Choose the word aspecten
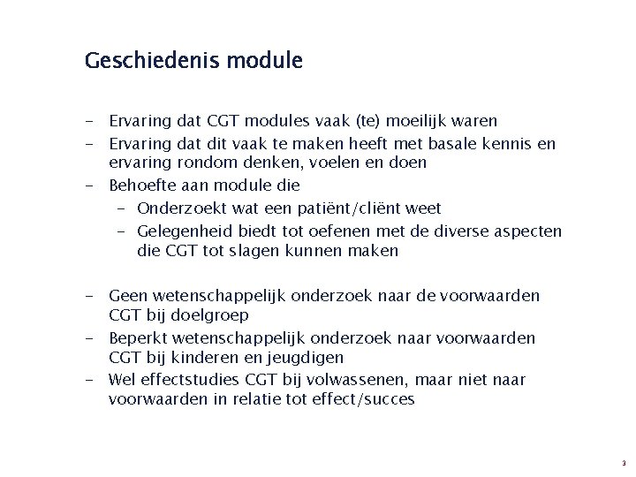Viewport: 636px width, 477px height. pyautogui.click(x=529, y=231)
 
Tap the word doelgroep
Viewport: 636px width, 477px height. pyautogui.click(x=208, y=314)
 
